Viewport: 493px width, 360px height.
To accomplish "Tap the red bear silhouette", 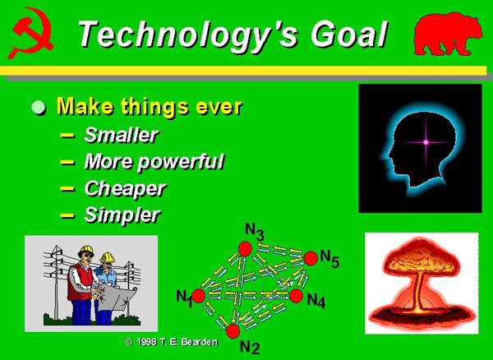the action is pos(448,34).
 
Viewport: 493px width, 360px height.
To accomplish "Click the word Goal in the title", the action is pos(348,34).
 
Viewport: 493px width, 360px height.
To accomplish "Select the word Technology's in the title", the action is pos(188,35).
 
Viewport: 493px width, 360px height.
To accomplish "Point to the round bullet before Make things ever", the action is pos(39,107).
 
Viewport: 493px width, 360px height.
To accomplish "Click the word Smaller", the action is pos(122,135).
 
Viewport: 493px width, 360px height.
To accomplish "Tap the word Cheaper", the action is pos(125,190).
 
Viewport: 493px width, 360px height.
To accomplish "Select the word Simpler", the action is pos(122,215).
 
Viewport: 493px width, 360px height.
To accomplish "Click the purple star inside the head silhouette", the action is pos(426,142).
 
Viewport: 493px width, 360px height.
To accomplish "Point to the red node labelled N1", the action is pos(198,296).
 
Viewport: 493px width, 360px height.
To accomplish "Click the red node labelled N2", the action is pos(233,331).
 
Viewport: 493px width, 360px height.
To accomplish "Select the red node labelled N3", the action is pos(245,249).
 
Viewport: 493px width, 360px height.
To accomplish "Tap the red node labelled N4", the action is pos(296,296).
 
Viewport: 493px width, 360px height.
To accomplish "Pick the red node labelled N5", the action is pos(311,258).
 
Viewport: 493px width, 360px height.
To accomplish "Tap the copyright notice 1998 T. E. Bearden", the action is pos(172,342).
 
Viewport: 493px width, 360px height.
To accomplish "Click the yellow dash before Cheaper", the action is pos(67,189).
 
